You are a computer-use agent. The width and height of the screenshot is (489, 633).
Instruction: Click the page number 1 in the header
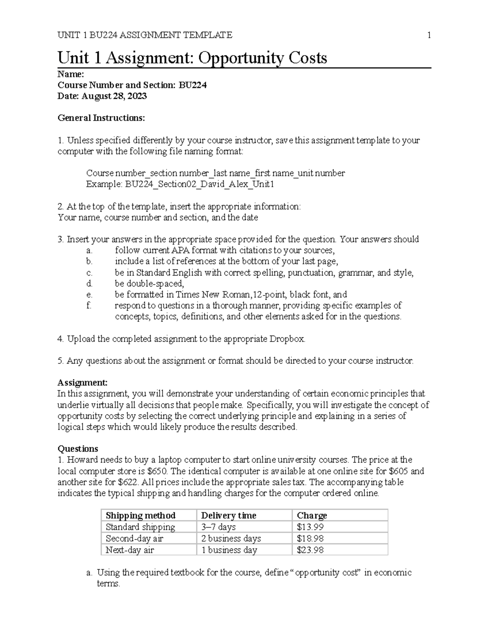tap(429, 35)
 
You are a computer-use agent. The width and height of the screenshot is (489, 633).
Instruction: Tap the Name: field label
tap(71, 74)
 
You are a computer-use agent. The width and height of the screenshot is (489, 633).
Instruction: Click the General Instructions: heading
tap(101, 118)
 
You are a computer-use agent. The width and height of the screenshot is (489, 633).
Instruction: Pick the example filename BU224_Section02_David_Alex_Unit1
tap(200, 184)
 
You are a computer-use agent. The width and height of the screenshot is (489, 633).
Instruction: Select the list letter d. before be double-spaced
tap(89, 283)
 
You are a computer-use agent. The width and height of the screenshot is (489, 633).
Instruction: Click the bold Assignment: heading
tap(83, 382)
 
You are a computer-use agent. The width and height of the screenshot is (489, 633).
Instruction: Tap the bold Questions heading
tap(78, 449)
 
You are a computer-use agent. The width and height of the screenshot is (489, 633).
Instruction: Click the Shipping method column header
tap(140, 516)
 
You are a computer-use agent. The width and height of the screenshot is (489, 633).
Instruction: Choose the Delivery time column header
tap(229, 516)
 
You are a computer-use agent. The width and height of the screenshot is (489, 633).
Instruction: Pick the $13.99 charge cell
tap(310, 527)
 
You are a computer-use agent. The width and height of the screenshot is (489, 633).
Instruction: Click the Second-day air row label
tap(134, 538)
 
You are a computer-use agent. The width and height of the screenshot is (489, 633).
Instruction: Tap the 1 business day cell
tap(229, 550)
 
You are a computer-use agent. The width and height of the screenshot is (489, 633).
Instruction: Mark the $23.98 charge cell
tap(310, 550)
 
